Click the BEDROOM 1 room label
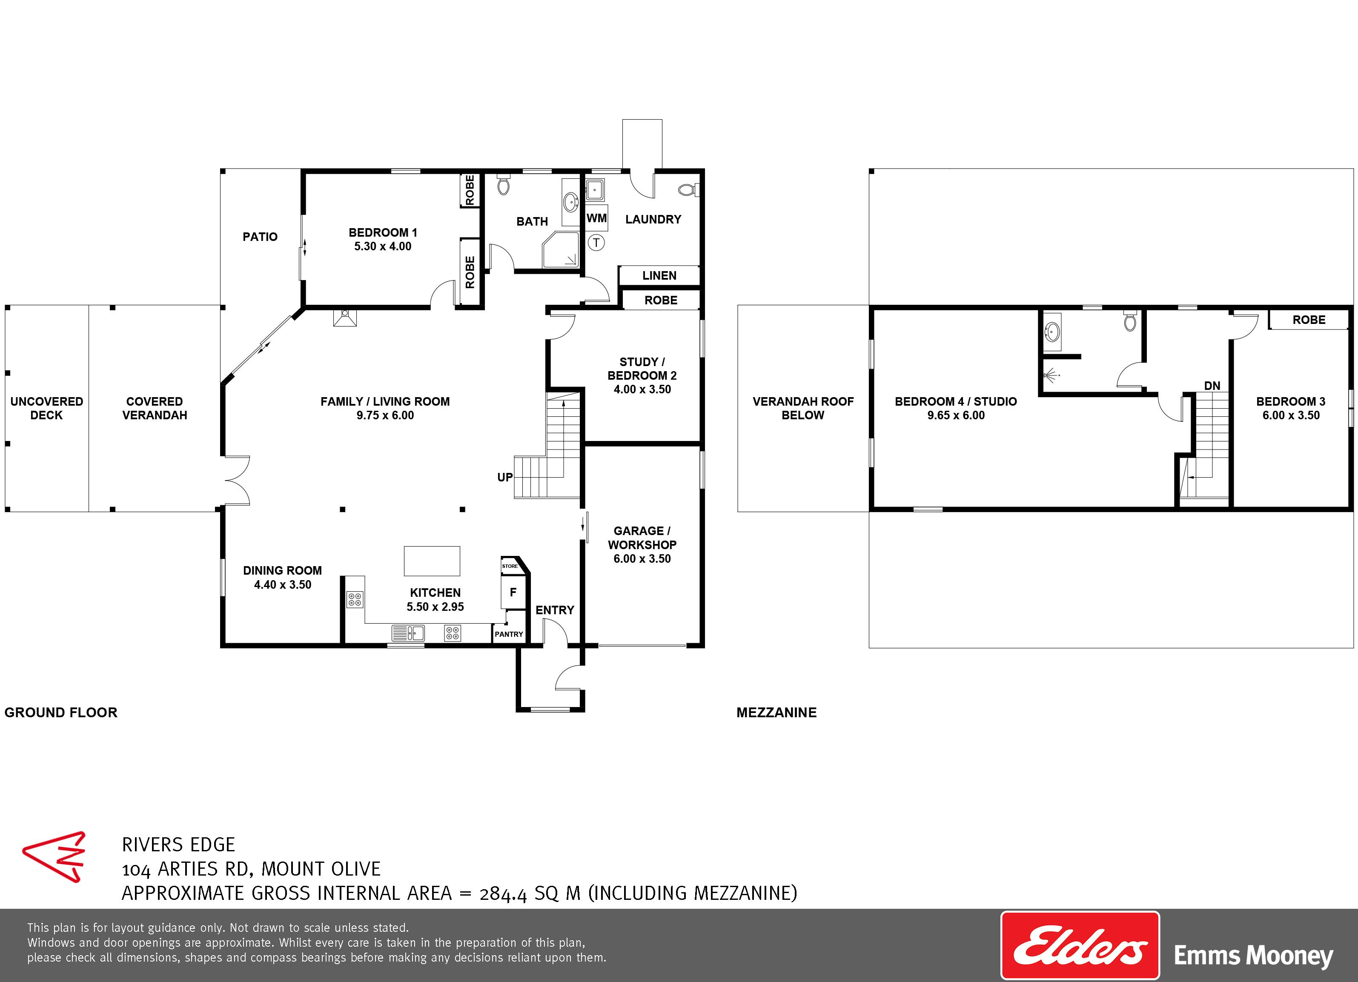[383, 232]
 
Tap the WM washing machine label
[596, 218]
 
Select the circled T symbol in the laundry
[596, 243]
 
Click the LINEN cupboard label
[659, 275]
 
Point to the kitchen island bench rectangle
[432, 561]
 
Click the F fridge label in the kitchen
[513, 592]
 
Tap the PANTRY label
[509, 634]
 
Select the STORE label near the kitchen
[510, 566]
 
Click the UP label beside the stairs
[505, 477]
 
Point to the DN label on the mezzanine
[1212, 386]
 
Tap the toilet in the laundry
[688, 190]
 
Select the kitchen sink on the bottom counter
[408, 633]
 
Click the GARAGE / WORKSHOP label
[642, 538]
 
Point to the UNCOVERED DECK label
[47, 408]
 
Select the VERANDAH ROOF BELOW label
[803, 408]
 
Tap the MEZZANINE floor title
[776, 713]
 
